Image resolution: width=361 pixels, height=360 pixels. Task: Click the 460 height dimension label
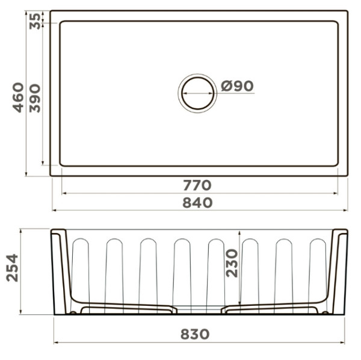(x=18, y=98)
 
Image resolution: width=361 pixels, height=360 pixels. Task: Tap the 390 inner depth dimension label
(x=35, y=98)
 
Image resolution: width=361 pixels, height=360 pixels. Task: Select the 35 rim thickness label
(x=35, y=21)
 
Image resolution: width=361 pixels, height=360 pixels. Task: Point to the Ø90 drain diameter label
(x=237, y=86)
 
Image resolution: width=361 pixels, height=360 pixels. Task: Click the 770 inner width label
(x=197, y=185)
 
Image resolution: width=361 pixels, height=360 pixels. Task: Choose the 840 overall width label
(x=197, y=203)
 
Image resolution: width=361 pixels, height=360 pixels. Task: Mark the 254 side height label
(x=12, y=268)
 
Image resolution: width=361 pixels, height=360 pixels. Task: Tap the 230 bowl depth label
(x=232, y=263)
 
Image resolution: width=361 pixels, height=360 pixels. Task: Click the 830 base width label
(x=195, y=334)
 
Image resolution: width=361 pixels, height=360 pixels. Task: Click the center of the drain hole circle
(x=197, y=93)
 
